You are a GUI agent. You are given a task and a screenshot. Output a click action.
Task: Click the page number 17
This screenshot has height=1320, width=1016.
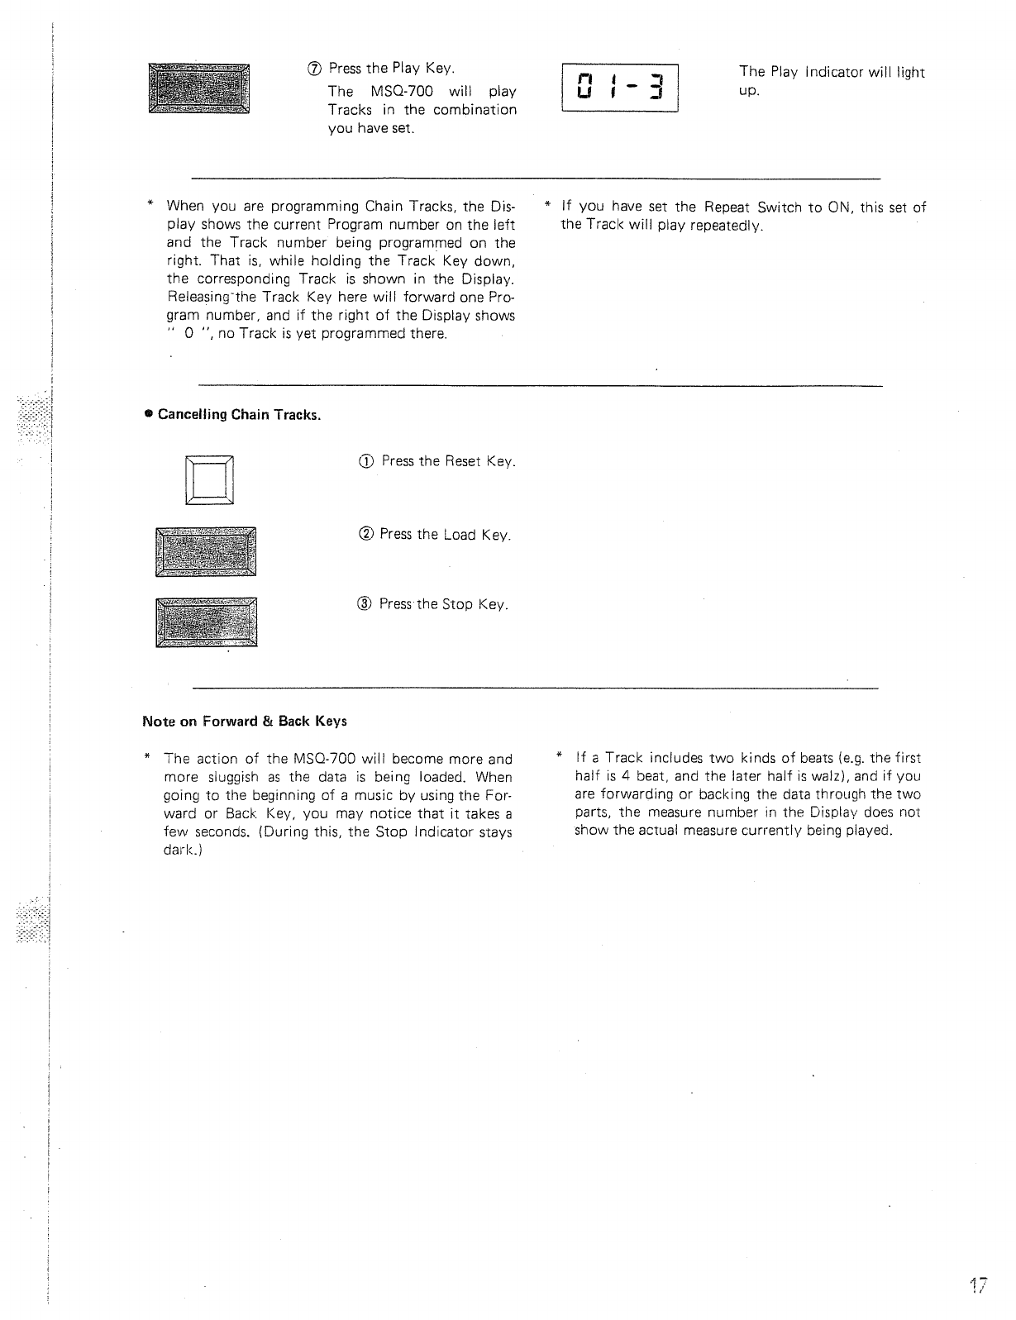click(980, 1286)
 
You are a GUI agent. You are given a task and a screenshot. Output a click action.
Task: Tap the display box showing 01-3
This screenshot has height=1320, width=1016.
click(619, 88)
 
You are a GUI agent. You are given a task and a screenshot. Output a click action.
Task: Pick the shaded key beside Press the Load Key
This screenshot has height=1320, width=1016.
click(206, 551)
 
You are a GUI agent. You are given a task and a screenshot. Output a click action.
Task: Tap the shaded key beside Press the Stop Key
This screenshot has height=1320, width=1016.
click(207, 622)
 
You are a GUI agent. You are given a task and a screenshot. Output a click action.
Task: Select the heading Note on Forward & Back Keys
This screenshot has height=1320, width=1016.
click(245, 721)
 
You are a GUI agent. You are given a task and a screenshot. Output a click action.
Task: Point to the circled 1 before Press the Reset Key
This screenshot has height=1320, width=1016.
click(366, 461)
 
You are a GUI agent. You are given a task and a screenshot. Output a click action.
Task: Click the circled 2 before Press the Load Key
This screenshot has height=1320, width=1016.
click(365, 535)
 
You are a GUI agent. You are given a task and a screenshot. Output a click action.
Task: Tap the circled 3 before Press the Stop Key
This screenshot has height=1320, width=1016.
click(365, 604)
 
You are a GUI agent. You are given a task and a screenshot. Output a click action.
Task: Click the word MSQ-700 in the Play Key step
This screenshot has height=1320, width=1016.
click(400, 91)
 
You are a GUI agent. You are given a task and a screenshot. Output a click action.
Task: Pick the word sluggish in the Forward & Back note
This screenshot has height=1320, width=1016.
click(239, 777)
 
